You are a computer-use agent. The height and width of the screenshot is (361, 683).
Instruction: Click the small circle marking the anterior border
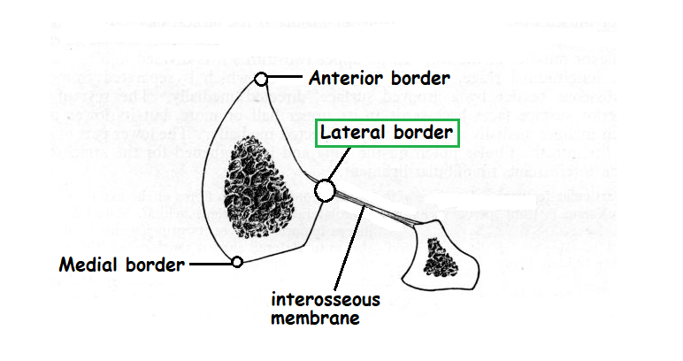[261, 79]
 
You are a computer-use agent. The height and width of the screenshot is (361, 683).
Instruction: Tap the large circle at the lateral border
[325, 189]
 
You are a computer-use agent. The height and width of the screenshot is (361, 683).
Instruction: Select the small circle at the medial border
[237, 261]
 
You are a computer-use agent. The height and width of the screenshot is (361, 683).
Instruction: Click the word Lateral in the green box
[351, 134]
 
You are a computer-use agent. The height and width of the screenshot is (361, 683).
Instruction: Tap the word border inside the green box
[419, 134]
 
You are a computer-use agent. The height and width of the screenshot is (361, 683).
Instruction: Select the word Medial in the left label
[89, 264]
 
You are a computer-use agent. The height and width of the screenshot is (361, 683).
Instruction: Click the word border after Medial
[156, 264]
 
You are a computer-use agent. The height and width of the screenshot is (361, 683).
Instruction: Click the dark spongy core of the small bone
[441, 257]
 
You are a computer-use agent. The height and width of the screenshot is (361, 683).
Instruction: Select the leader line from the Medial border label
[211, 263]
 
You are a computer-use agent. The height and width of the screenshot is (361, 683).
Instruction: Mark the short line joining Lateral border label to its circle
[334, 165]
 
